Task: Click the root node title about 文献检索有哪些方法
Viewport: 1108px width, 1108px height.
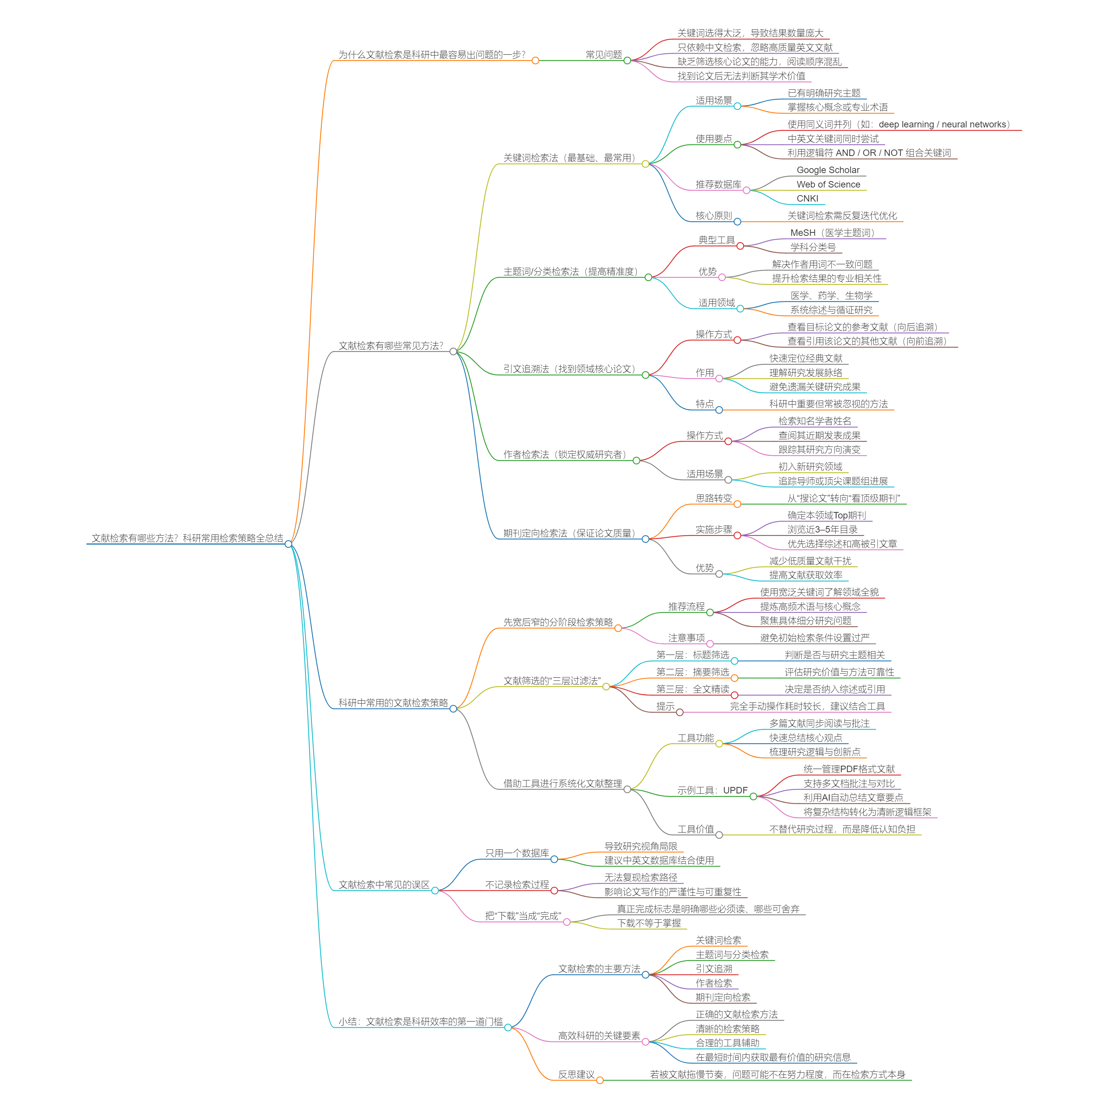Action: pos(187,538)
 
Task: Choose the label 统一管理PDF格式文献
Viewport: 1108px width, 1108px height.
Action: pos(849,769)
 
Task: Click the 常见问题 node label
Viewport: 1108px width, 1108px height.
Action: pos(603,54)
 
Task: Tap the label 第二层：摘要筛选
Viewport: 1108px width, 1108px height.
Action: pos(692,672)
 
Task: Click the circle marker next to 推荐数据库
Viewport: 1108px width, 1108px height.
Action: pos(746,191)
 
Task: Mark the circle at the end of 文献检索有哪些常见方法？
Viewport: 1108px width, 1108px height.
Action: pos(453,351)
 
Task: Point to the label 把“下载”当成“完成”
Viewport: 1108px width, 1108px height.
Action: pos(523,916)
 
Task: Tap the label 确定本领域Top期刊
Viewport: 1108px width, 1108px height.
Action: pos(827,515)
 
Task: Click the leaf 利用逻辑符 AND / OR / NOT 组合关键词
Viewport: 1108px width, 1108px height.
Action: pos(869,153)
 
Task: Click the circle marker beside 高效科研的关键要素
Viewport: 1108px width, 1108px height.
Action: pos(645,1041)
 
